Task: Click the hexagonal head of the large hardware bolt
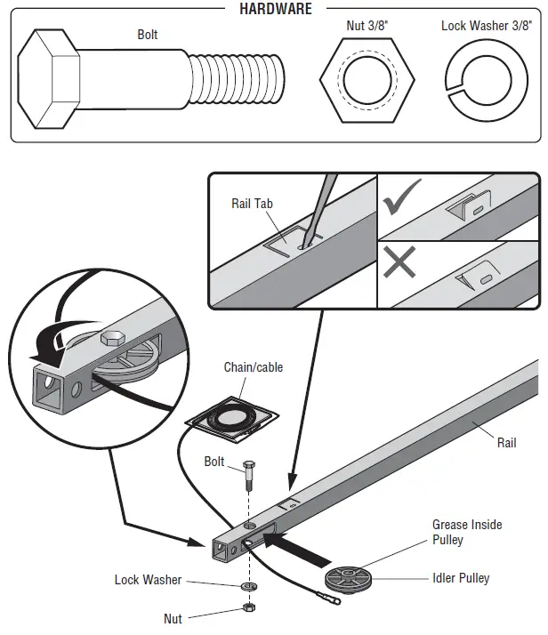(51, 79)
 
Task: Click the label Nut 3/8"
(366, 26)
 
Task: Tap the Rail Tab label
(252, 205)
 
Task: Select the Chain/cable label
(254, 367)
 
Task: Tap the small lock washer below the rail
(246, 587)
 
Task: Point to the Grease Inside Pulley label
(466, 532)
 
